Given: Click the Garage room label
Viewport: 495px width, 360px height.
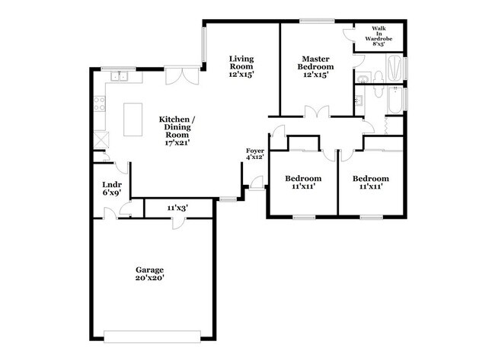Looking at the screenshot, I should tap(150, 275).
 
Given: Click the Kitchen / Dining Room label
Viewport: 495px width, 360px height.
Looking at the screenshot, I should tap(179, 131).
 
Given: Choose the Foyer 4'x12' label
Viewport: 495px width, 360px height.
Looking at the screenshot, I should tap(254, 155).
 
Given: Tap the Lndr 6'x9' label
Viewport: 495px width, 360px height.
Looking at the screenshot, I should tap(112, 189).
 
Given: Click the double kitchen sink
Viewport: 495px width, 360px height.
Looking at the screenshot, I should tap(118, 76).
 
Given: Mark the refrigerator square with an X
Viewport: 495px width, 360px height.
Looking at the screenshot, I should tap(101, 140).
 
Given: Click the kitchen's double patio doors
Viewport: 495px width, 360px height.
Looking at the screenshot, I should tap(183, 77).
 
